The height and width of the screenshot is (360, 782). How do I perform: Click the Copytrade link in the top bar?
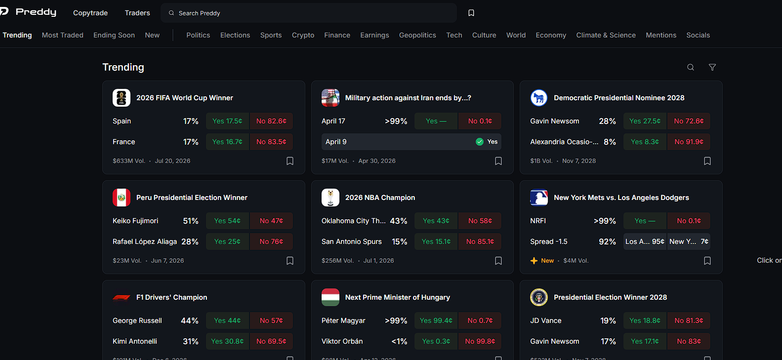point(90,13)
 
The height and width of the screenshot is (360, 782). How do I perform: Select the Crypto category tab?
point(303,35)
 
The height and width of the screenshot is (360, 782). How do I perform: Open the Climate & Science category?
point(606,35)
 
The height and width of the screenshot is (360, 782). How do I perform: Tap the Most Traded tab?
point(63,35)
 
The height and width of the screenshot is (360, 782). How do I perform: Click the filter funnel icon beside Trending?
point(712,67)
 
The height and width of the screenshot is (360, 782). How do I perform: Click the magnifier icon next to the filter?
point(691,67)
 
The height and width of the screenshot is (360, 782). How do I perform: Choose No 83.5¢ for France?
point(271,142)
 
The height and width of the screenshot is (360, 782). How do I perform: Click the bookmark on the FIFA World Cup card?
point(290,161)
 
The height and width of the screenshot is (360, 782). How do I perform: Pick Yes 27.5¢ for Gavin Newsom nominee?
point(645,121)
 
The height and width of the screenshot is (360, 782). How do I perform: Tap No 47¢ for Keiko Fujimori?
point(271,221)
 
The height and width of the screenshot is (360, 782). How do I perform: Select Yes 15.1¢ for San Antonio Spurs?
point(436,241)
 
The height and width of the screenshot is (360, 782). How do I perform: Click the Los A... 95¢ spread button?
point(645,241)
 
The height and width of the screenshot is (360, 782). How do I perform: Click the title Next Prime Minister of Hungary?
point(397,297)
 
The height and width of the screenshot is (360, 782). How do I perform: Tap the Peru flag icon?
point(122,198)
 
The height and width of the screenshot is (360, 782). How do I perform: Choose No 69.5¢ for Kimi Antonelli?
point(271,341)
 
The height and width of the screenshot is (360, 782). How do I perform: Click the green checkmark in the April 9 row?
point(479,142)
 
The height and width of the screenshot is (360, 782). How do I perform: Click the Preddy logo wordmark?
point(36,12)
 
